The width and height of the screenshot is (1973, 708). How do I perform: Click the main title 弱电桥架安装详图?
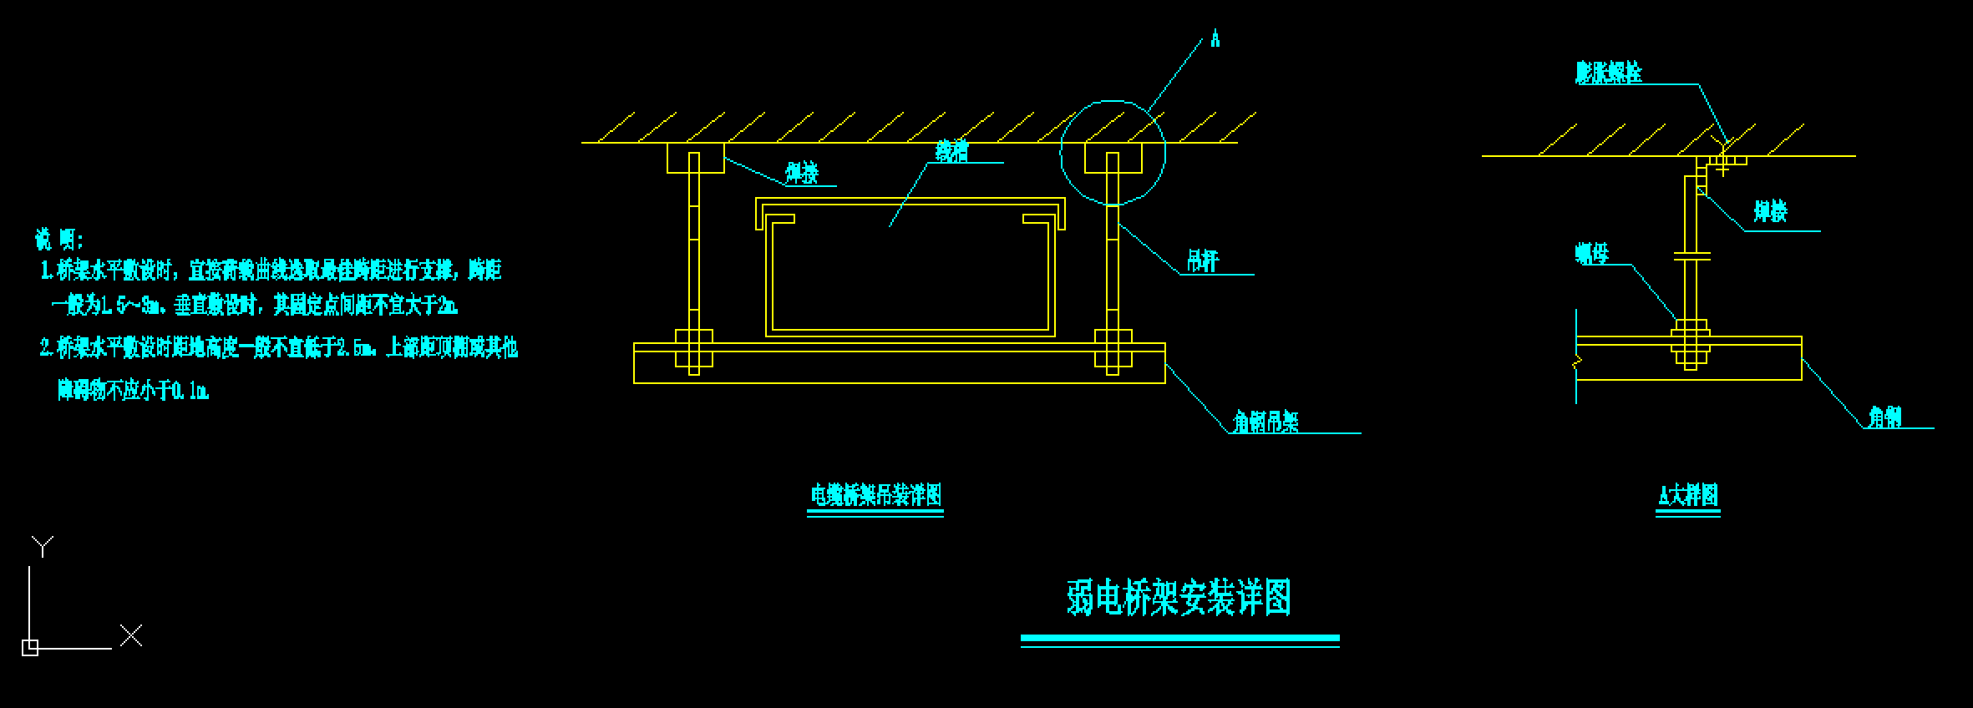coord(1179,598)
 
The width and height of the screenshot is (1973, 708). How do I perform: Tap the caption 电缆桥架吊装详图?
coord(875,494)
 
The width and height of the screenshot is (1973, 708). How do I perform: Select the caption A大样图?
coord(1687,495)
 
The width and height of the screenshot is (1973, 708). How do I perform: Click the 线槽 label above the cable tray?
coord(951,151)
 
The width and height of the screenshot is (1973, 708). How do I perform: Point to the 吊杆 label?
coord(1203,261)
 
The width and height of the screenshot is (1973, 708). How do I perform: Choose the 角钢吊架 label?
coord(1266,422)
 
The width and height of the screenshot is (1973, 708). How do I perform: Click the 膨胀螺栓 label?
coord(1608,73)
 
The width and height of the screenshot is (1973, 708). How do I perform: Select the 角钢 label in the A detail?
coord(1884,417)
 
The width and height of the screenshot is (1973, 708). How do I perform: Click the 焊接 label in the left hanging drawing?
coord(802,173)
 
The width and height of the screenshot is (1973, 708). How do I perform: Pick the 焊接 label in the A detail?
coord(1770,212)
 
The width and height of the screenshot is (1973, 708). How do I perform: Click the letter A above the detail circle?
coord(1215,39)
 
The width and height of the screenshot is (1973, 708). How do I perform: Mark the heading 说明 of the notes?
coord(58,240)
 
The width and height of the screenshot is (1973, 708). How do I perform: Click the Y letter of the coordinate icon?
coord(43,547)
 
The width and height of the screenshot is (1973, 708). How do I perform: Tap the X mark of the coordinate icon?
coord(131,635)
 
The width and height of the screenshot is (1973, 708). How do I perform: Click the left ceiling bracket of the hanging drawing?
coord(695,158)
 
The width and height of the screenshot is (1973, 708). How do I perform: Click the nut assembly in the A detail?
coord(1691,342)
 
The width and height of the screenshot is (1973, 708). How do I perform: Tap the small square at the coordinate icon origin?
coord(29,647)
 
